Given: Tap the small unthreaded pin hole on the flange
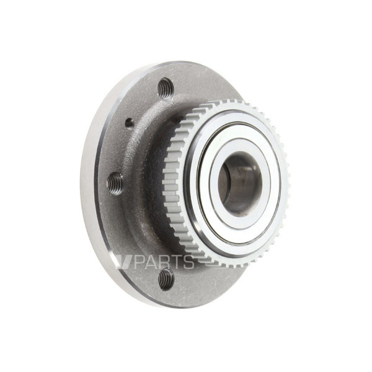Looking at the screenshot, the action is coord(130,123).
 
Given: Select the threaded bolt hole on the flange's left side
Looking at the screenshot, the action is coord(115,184).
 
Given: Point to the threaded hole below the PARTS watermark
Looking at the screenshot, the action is coord(166,279).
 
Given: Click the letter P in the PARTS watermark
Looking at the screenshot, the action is coord(139,262).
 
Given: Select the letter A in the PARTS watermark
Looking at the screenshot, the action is coord(151,262).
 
